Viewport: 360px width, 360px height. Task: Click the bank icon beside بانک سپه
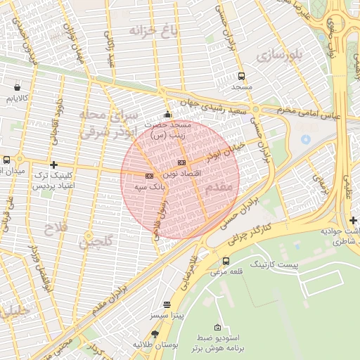click(148, 176)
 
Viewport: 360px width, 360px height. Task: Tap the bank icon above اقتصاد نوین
click(181, 162)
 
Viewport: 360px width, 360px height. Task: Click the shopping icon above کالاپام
click(16, 88)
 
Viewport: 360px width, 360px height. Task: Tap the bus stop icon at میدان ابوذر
click(6, 160)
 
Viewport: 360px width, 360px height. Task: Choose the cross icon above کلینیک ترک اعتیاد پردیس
click(53, 165)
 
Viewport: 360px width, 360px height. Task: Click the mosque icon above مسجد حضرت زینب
click(167, 115)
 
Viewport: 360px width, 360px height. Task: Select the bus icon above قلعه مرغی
click(225, 262)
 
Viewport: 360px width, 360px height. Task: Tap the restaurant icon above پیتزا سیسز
click(167, 305)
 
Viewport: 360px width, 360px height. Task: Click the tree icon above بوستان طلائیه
click(155, 334)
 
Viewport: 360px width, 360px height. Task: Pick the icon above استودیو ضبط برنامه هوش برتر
click(217, 328)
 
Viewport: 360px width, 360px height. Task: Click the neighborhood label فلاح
click(53, 229)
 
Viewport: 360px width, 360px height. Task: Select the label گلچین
click(95, 244)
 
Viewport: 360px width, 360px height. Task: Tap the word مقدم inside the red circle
click(220, 188)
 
